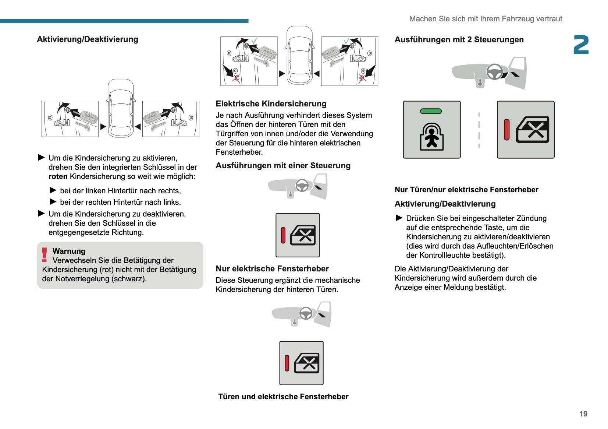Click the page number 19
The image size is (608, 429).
pos(583,414)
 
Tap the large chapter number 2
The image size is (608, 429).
pos(581,45)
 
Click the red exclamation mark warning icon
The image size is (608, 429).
pos(45,255)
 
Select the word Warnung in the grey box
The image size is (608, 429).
pos(69,251)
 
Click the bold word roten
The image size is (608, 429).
pos(58,176)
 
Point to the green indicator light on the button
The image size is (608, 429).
pos(431,111)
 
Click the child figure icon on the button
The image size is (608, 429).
pos(432,137)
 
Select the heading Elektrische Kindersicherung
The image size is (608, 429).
pos(271,104)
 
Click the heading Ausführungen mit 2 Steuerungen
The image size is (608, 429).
pos(459,40)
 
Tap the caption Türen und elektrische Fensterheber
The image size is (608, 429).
pos(283,397)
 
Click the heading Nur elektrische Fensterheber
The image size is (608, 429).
pos(272,269)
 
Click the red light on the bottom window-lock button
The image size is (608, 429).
pos(287,363)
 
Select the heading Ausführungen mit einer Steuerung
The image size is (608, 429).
pos(283,166)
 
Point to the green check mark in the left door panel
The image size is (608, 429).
pos(254,41)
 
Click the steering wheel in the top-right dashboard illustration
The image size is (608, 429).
pos(495,71)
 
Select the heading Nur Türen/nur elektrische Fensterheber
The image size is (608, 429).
pos(466,190)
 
